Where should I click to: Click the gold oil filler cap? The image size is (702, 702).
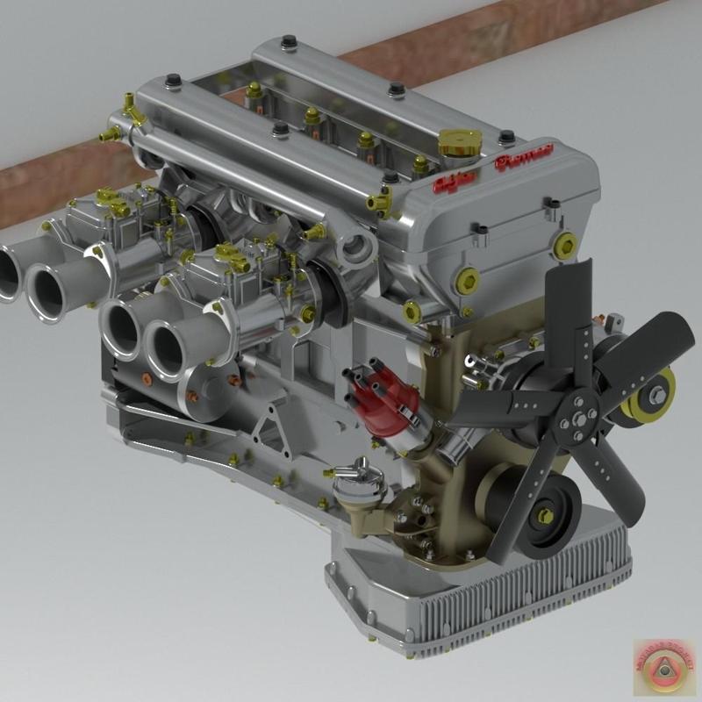coord(460,140)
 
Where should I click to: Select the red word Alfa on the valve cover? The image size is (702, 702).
coord(454,182)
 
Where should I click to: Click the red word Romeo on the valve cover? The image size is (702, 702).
coord(523,159)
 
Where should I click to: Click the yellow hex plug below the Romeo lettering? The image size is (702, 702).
coord(566,245)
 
